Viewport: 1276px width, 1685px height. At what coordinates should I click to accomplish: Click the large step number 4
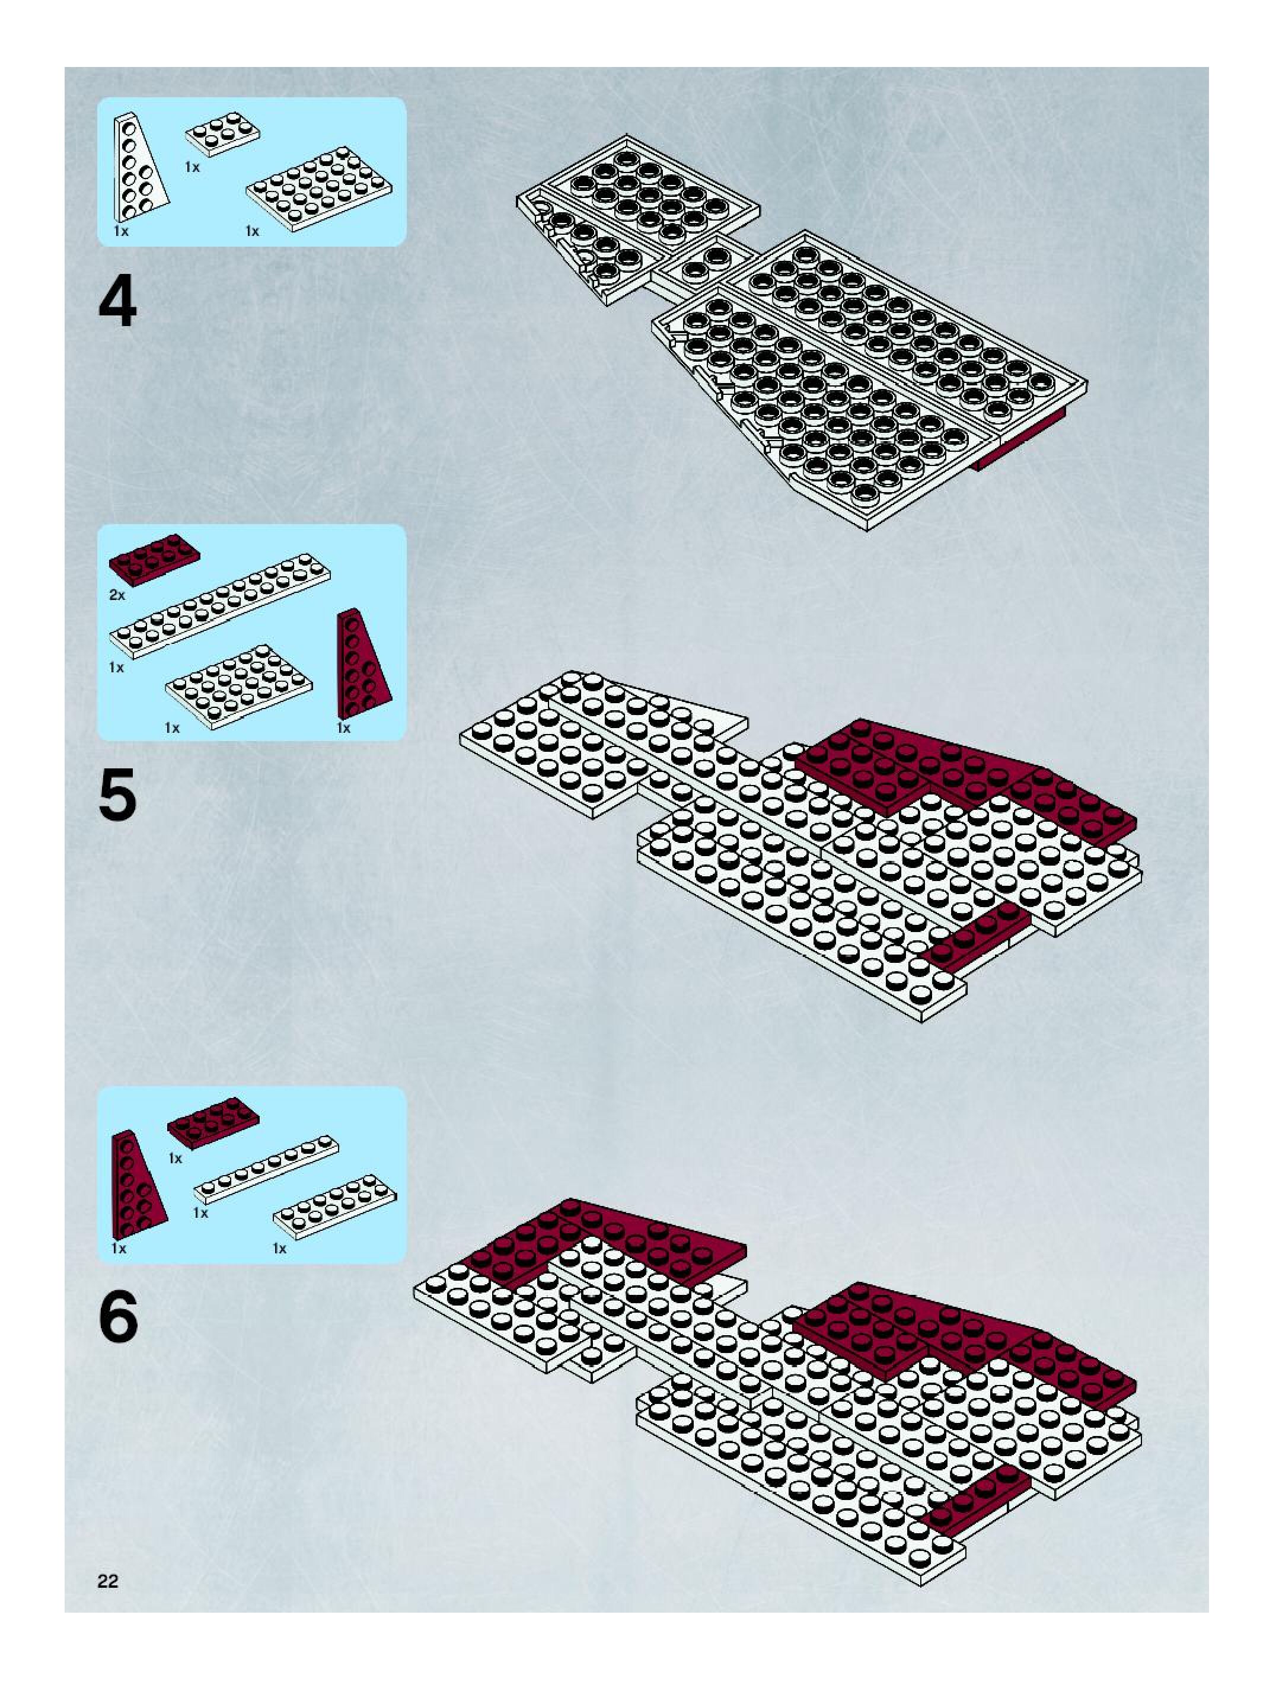coord(118,302)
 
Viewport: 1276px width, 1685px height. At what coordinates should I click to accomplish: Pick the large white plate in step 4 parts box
coord(320,187)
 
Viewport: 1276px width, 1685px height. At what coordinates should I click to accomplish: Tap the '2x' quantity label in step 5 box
coord(117,595)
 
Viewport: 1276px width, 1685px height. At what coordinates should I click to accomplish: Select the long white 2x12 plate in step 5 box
coord(221,605)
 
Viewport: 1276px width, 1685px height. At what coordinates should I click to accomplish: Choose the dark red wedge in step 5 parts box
coord(363,664)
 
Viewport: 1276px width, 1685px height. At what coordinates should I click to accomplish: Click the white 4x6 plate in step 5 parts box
coord(238,687)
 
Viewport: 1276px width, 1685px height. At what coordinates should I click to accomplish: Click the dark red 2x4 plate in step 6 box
coord(213,1123)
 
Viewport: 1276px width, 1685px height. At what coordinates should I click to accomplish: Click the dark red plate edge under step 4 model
coord(1021,439)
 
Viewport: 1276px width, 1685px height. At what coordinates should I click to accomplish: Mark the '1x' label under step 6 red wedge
coord(119,1249)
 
